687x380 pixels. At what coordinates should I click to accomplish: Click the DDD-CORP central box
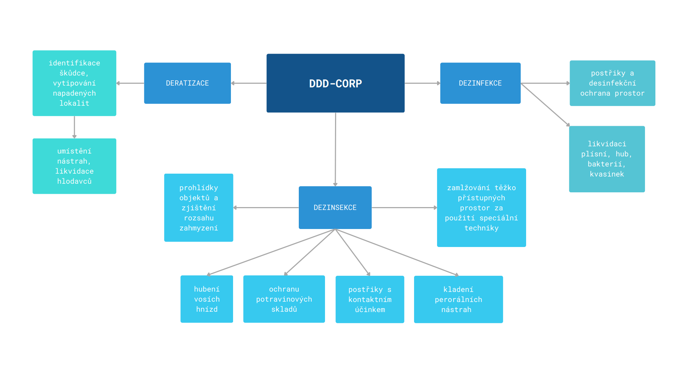335,83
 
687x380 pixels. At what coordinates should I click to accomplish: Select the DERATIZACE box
187,83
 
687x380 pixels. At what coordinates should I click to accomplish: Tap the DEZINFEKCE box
480,83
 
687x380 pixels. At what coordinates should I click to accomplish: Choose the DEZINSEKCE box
335,207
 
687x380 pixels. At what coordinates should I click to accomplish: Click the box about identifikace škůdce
74,83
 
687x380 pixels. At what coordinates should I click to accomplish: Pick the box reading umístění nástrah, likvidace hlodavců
74,166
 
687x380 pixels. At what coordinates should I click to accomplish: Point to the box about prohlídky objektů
199,207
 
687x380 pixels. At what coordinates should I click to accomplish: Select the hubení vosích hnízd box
206,299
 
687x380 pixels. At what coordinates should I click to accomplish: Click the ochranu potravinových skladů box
284,299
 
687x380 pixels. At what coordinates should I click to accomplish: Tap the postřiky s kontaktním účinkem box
370,299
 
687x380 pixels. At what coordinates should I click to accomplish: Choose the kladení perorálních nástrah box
458,299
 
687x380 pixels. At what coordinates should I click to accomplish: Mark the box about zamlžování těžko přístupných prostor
481,207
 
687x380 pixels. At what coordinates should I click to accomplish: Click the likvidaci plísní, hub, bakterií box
607,159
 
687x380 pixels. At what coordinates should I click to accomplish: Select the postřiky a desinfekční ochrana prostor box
612,83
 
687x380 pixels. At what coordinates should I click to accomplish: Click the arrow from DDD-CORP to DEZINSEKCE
335,149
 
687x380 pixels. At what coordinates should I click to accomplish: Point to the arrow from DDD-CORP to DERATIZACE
249,83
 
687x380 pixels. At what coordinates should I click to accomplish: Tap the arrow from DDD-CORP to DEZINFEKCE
422,83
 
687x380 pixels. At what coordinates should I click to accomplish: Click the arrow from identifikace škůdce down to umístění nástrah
74,127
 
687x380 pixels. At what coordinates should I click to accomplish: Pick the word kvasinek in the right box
607,174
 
